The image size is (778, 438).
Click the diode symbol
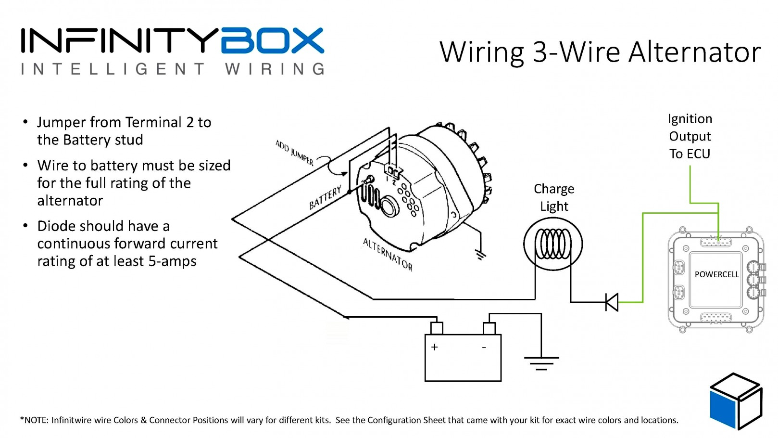pos(612,302)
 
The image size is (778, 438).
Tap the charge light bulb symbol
pos(553,244)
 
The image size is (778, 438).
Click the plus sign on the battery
pos(435,347)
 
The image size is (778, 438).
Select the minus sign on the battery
pos(484,347)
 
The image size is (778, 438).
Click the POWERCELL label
pos(716,274)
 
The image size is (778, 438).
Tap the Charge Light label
pos(554,197)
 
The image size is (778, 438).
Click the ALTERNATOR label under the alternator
pos(388,254)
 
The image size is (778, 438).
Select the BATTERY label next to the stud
pos(325,197)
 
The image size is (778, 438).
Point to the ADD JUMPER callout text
pos(294,152)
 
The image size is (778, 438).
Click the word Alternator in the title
pos(694,52)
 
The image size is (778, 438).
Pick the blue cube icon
pos(735,400)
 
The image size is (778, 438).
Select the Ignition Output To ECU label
pos(690,136)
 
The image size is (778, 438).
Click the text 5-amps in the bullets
pos(173,261)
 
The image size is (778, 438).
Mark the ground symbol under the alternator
pos(480,255)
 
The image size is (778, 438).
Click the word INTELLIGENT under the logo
pos(113,69)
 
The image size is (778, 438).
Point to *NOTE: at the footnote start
pos(35,420)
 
